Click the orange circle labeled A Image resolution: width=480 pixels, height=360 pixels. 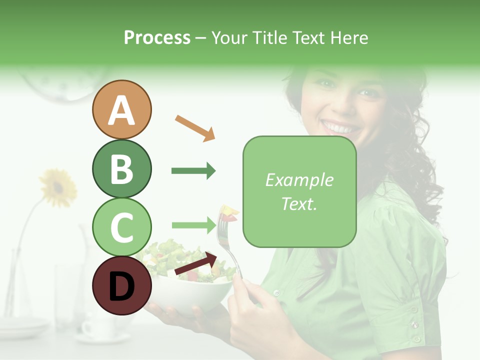[x=121, y=109]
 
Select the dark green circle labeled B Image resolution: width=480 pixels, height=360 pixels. [x=121, y=168]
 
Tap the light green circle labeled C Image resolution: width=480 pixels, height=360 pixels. [x=121, y=227]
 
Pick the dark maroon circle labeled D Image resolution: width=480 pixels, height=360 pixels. [x=121, y=285]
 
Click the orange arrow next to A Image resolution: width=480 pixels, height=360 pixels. [x=195, y=128]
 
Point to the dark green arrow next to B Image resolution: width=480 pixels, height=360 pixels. [x=193, y=171]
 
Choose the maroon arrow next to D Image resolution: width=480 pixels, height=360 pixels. [x=195, y=264]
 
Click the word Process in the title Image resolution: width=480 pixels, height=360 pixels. [x=157, y=38]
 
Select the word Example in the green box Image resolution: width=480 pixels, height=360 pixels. [x=299, y=180]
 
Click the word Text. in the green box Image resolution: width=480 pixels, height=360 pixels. [x=299, y=203]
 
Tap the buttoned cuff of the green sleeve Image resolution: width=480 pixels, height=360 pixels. [x=412, y=320]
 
